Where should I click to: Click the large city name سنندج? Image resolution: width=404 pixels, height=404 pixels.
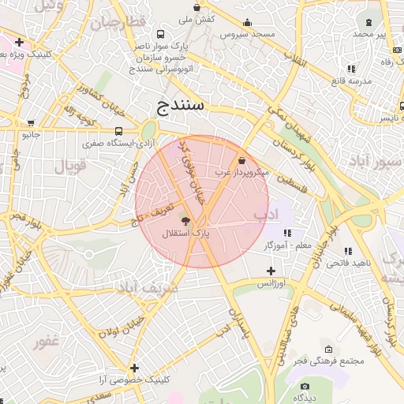point(181,104)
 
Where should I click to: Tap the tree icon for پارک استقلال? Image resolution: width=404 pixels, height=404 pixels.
point(186,222)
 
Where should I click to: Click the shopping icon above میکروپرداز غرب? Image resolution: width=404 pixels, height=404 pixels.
point(241,160)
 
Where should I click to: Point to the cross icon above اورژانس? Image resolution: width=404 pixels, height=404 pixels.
point(271,271)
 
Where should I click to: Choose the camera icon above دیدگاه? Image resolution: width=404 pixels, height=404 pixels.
point(305,386)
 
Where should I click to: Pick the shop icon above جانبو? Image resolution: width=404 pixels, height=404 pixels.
point(31,123)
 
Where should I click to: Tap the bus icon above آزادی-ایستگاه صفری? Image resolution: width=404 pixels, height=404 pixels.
point(119,132)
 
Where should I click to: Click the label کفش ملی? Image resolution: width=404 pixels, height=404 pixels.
point(198,18)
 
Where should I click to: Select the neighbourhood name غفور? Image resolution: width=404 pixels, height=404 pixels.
point(48,343)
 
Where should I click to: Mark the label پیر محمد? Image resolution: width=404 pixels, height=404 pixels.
point(370,35)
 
